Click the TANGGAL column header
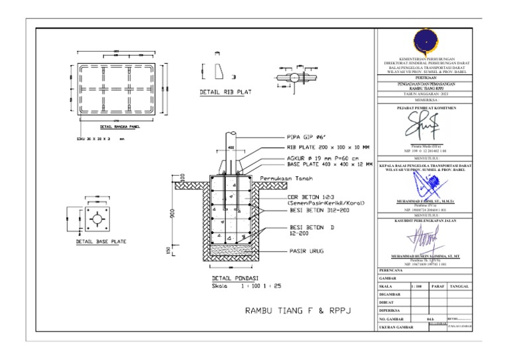(460, 286)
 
